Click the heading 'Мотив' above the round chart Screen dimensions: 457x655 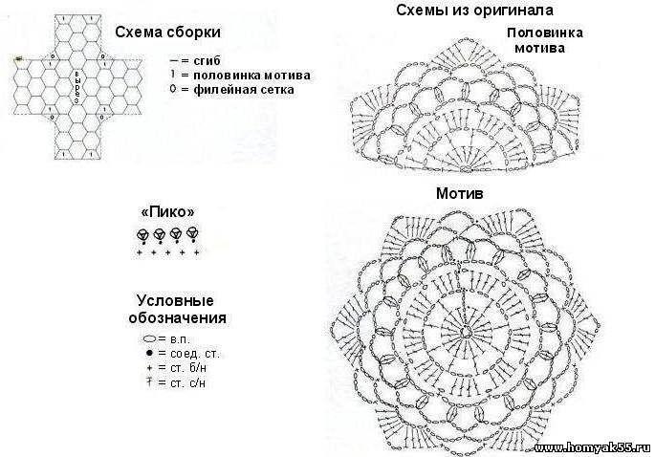(460, 193)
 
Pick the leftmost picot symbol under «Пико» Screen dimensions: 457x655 (142, 233)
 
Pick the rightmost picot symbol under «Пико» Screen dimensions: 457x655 (192, 232)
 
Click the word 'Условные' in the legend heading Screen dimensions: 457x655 (174, 299)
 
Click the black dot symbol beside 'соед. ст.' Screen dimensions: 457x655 (149, 354)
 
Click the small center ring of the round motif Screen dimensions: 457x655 (463, 331)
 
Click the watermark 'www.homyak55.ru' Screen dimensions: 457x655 (592, 447)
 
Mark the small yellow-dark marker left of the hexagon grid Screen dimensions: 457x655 (17, 59)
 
